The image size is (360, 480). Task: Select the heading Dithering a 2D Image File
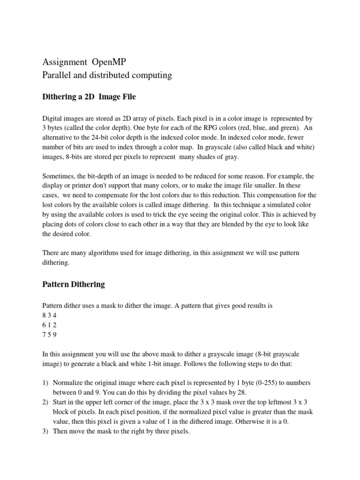coord(89,97)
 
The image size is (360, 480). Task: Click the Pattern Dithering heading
coord(74,284)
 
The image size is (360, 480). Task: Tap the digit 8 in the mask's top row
coord(45,315)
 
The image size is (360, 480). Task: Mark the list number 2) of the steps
coord(46,403)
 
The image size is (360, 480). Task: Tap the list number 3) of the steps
coord(46,432)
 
